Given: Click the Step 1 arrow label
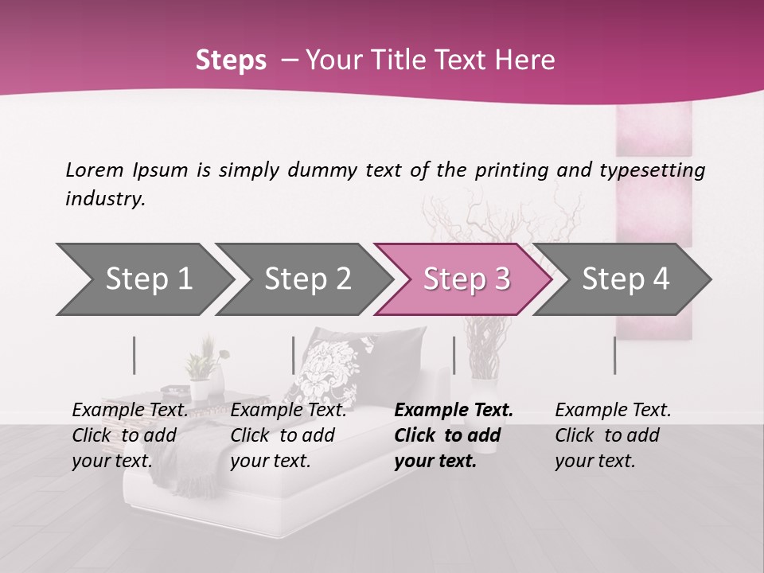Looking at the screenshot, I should coord(149,279).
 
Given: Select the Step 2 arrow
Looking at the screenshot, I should coord(308,279).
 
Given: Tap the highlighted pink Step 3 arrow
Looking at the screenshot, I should coord(466,279).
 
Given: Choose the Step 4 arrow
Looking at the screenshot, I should coord(626,279).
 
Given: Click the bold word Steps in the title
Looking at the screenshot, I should coord(231,60).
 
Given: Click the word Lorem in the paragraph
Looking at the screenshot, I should coord(95,170).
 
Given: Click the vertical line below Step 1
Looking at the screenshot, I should coord(134,355).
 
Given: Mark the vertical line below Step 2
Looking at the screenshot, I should coord(294,355).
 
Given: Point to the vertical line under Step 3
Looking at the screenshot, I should coord(454,355).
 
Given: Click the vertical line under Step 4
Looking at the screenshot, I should coord(614,355).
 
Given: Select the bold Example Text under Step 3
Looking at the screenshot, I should coord(454,411).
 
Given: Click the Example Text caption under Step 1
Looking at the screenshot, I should coord(131,411).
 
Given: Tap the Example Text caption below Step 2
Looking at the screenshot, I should coord(288,411).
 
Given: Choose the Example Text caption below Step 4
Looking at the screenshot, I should coord(613,411).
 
